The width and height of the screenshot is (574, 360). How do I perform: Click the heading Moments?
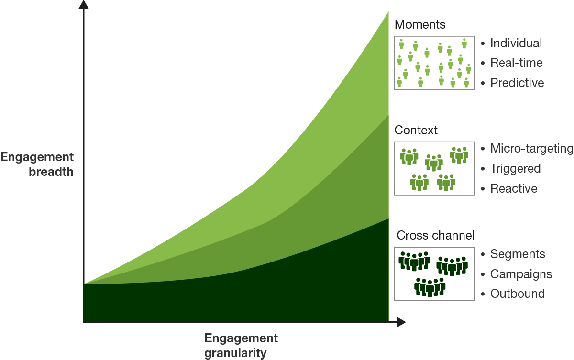coord(420,24)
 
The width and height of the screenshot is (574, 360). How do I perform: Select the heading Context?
coord(416,130)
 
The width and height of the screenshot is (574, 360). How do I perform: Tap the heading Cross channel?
coord(435,235)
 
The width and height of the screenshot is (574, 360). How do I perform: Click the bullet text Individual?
coord(516,43)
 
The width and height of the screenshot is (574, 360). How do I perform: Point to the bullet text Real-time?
coord(516,63)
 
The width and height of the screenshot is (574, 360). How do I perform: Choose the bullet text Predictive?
coord(517,83)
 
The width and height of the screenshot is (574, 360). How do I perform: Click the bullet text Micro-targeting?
coord(532,149)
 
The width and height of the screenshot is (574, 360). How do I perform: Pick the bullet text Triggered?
coord(515,168)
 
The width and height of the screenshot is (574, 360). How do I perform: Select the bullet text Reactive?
coord(514,188)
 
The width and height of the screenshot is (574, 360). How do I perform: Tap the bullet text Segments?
coord(518,254)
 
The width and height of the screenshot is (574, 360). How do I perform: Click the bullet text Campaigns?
coord(521,274)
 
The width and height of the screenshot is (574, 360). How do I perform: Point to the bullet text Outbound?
coord(518,294)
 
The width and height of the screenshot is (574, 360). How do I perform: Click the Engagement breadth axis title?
coord(37,164)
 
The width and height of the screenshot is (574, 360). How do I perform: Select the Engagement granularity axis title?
coord(241,345)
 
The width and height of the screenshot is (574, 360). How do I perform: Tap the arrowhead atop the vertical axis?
coord(84,4)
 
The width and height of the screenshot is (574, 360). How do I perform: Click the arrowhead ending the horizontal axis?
coord(401,322)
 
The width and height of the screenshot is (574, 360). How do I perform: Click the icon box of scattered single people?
coord(434,63)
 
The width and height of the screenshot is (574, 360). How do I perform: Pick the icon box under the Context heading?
coord(434,168)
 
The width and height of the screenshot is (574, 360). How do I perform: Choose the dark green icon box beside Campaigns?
coord(434,274)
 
